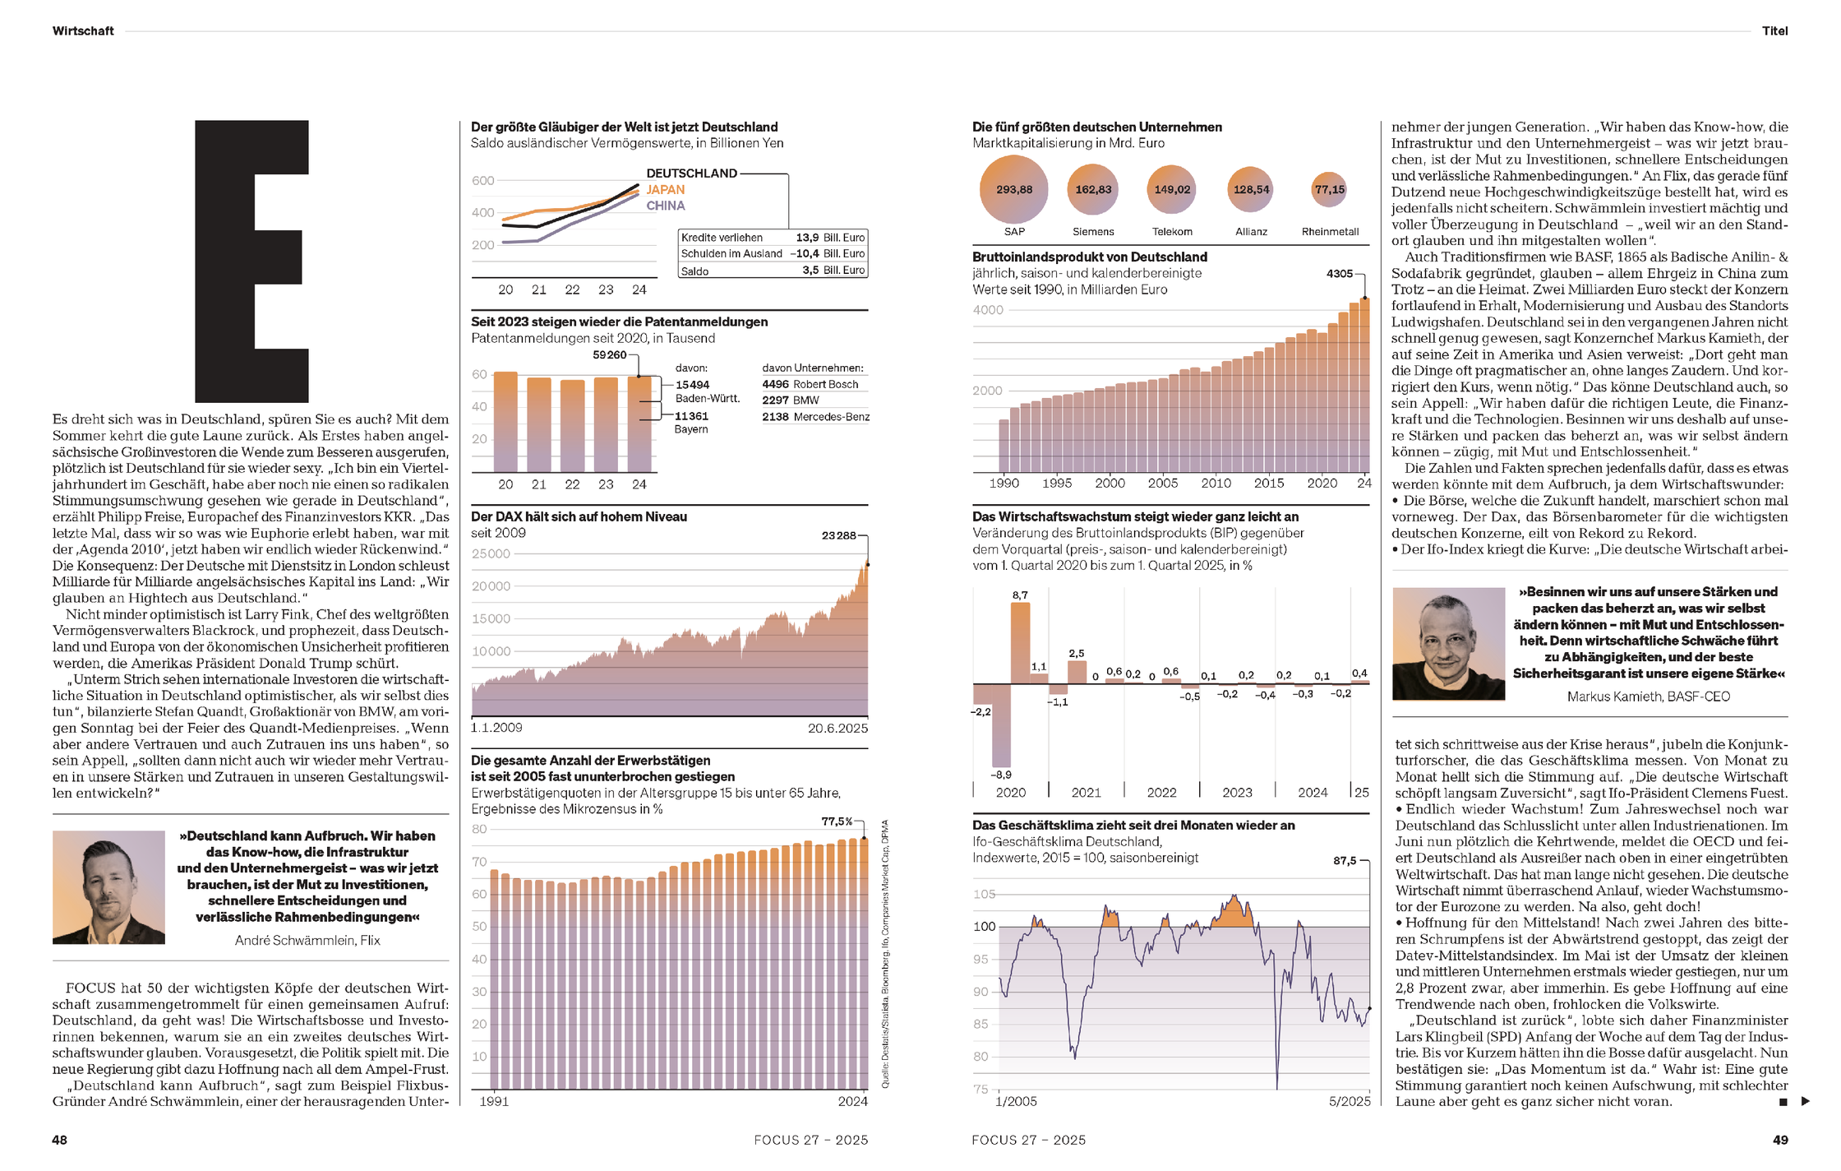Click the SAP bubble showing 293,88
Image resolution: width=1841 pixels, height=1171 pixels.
tap(1014, 190)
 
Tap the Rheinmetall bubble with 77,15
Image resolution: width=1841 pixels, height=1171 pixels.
tap(1329, 190)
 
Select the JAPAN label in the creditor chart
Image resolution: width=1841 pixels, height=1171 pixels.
tap(665, 190)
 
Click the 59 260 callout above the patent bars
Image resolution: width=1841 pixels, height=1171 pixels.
tap(609, 355)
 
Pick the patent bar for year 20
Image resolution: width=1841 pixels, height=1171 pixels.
tap(505, 421)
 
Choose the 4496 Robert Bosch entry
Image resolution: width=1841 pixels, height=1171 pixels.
tap(810, 384)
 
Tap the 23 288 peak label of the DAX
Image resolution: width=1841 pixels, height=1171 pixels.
tap(838, 536)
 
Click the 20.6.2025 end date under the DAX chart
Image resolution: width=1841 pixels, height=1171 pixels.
tap(837, 729)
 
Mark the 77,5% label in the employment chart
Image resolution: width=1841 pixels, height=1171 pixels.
tap(837, 822)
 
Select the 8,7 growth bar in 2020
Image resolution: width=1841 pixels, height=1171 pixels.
tap(1020, 641)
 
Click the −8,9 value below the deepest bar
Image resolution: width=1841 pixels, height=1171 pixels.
tap(1001, 775)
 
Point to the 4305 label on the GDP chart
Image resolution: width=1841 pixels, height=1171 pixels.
tap(1339, 274)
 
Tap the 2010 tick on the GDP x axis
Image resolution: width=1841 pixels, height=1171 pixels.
tap(1216, 484)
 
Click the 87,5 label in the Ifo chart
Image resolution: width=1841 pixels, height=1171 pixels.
tap(1345, 861)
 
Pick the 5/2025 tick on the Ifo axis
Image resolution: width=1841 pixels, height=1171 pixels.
tap(1350, 1102)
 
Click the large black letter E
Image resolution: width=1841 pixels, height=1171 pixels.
tap(251, 261)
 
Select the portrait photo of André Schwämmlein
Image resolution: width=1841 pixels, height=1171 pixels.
tap(108, 887)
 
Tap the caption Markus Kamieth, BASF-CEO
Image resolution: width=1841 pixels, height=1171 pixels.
tap(1648, 697)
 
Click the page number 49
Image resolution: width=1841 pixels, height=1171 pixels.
tap(1780, 1140)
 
